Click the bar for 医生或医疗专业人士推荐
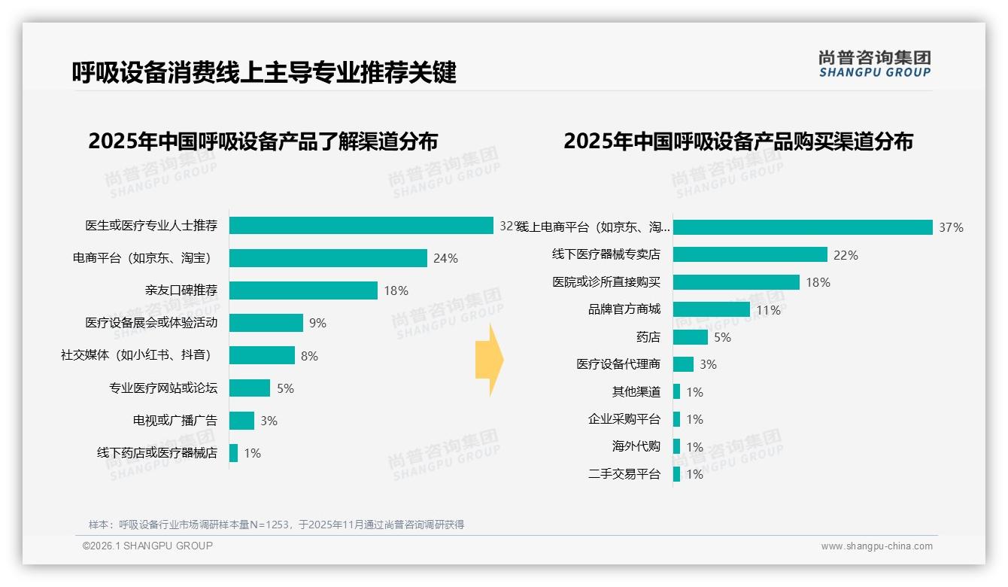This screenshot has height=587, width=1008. [361, 226]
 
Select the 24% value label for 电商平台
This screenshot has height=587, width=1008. [445, 258]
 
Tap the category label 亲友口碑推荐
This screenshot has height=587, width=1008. [181, 290]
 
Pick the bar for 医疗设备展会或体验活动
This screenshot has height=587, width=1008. [266, 323]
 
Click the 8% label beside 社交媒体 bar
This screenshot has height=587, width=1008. [309, 356]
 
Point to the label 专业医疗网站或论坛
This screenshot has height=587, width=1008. [163, 388]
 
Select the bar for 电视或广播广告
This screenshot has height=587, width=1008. [241, 421]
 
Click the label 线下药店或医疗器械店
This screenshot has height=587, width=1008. [156, 453]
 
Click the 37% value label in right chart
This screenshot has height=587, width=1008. [951, 227]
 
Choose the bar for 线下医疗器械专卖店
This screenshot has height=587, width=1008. [750, 254]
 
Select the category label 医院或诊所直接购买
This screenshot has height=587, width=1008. [606, 282]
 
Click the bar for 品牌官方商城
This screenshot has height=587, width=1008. [711, 309]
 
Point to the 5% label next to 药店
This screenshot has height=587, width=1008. [722, 337]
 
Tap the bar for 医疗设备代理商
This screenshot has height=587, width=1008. [683, 364]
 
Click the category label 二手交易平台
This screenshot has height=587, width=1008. [624, 474]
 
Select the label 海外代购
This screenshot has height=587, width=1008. [636, 446]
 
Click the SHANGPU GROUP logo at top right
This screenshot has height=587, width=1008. [874, 63]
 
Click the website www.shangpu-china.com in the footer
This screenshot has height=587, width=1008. [876, 546]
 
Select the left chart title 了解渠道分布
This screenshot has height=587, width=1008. [263, 141]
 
